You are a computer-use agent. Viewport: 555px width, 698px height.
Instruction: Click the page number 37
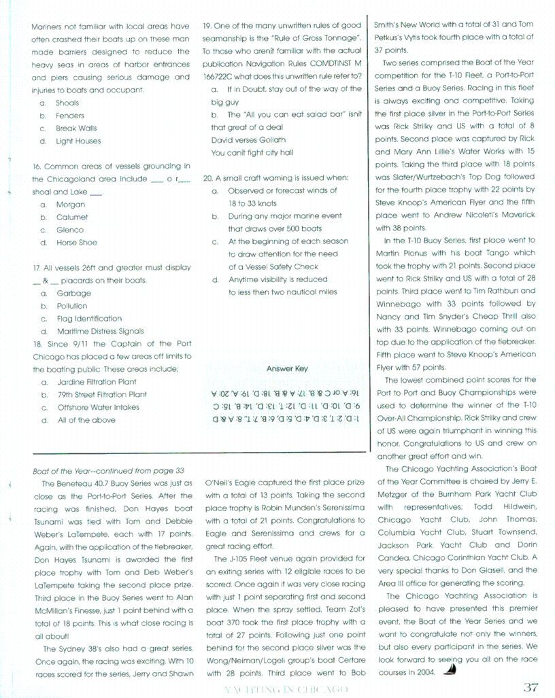click(531, 686)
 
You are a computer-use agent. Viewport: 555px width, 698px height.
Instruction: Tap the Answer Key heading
click(286, 369)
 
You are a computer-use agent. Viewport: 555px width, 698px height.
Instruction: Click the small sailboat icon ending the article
click(450, 671)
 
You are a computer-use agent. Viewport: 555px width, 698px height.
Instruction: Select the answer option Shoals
click(67, 103)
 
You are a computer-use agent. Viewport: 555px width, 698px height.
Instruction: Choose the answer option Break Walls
click(76, 128)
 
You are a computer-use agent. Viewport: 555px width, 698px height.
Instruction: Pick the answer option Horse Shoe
click(76, 243)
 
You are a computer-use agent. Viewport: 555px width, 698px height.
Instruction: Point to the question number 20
click(208, 179)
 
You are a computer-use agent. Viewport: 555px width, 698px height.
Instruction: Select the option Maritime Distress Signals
click(100, 332)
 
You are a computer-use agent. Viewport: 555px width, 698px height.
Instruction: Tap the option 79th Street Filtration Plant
click(102, 395)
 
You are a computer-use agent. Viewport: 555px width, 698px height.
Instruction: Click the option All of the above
click(86, 421)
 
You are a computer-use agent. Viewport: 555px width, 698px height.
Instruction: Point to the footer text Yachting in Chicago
click(286, 689)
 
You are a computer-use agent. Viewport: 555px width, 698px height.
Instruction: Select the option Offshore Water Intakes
click(98, 408)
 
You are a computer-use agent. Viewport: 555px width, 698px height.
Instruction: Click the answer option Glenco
click(70, 230)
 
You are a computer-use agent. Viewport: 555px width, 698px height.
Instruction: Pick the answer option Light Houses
click(78, 141)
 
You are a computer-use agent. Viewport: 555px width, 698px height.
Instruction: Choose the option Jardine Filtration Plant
click(97, 382)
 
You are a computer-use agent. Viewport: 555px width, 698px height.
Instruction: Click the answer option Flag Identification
click(89, 319)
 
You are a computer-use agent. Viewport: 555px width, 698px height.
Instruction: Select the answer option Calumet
click(72, 217)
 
